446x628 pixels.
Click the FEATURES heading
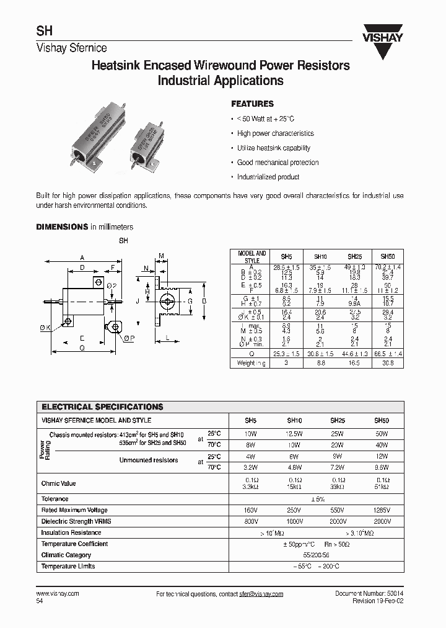[x=252, y=104]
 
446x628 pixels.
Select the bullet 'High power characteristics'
[x=275, y=133]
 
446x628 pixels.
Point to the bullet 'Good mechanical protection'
[x=278, y=163]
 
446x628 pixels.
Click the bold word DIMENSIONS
[x=62, y=227]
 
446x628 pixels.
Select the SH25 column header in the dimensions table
[x=354, y=256]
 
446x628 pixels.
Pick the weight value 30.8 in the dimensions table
[x=387, y=363]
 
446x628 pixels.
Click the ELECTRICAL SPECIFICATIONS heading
[x=102, y=407]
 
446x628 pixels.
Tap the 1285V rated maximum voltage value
[x=382, y=510]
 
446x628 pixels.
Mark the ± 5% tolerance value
[x=317, y=499]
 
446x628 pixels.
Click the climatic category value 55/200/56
[x=317, y=555]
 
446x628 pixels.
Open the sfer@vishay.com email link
[x=261, y=594]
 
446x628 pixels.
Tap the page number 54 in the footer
[x=40, y=601]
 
